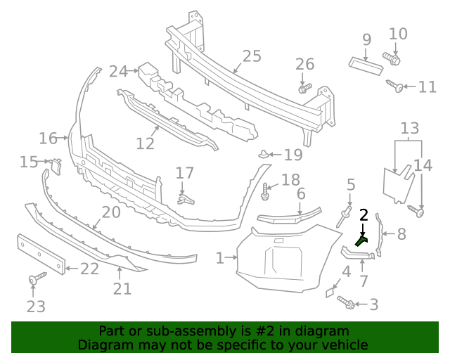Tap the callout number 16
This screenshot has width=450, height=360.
pyautogui.click(x=48, y=138)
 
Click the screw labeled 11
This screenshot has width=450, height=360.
pyautogui.click(x=394, y=86)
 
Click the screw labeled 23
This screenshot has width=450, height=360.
pyautogui.click(x=33, y=281)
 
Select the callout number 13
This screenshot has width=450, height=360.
pyautogui.click(x=410, y=128)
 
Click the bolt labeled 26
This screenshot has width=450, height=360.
pyautogui.click(x=304, y=89)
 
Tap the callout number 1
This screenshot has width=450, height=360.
pyautogui.click(x=220, y=258)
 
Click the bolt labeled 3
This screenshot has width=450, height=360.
pyautogui.click(x=347, y=302)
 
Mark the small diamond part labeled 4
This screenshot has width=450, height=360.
pyautogui.click(x=330, y=291)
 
